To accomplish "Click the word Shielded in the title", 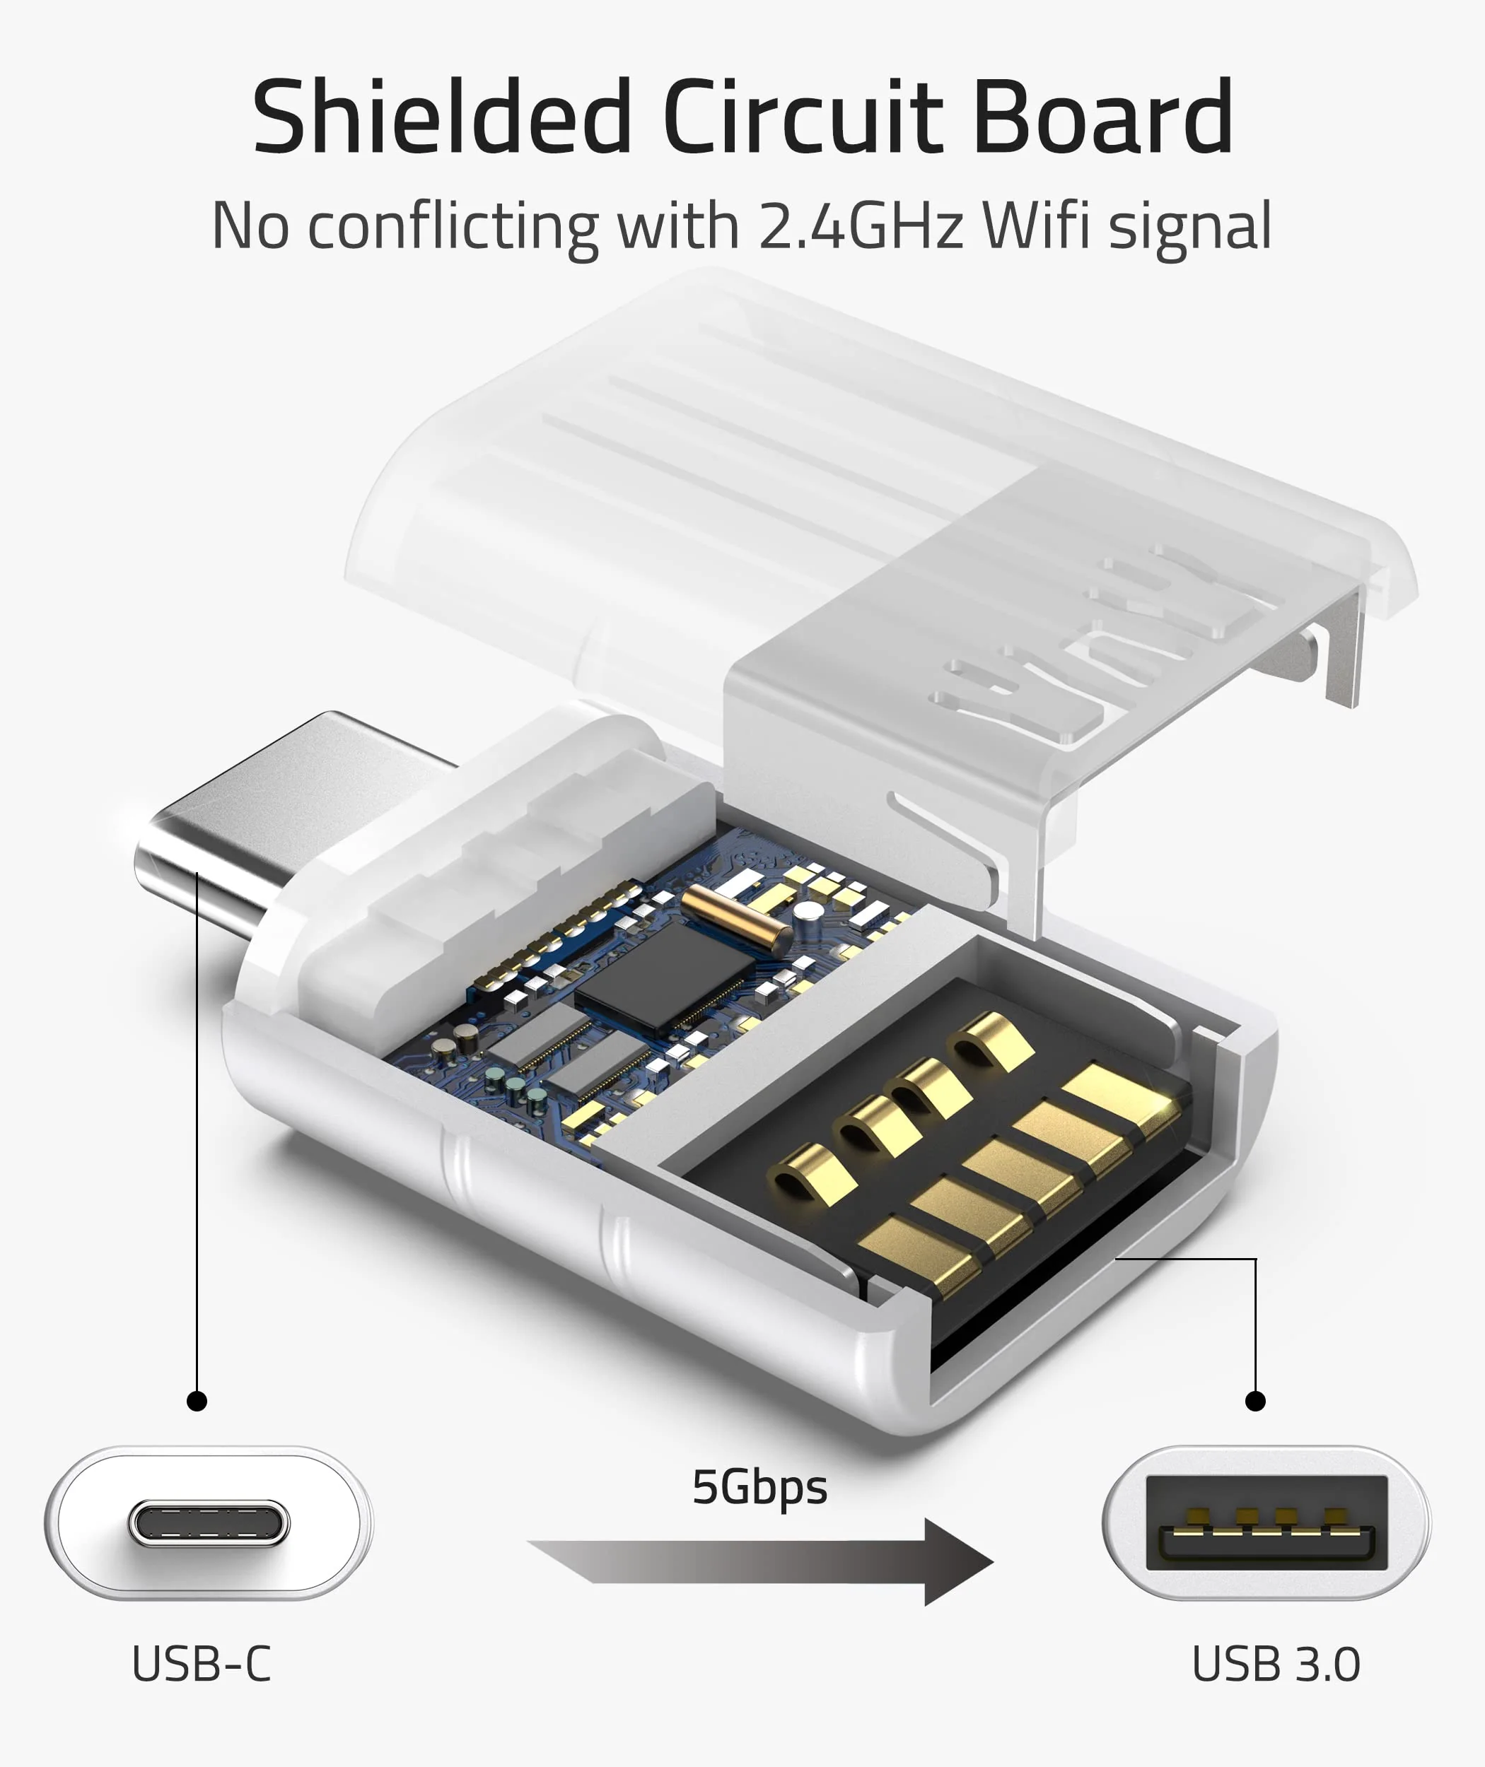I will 441,118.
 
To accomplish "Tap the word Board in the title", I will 1103,118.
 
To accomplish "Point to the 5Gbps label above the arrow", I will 759,1487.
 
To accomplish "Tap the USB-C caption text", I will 202,1664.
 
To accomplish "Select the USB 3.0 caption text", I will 1276,1664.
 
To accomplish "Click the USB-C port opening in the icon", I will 209,1523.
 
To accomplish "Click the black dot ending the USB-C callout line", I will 197,1401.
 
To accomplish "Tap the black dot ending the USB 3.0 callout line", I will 1255,1401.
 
